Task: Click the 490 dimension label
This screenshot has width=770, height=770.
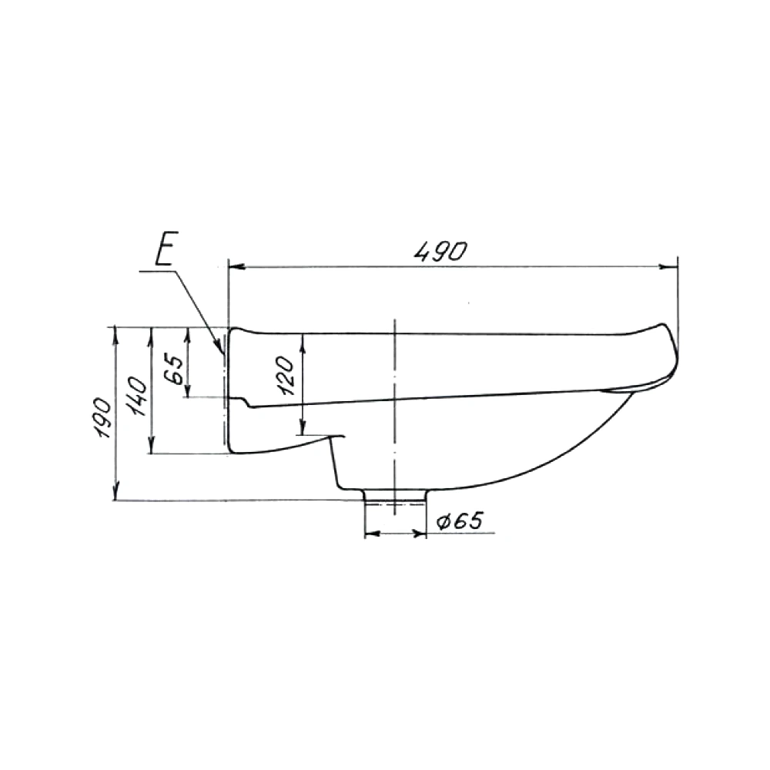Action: point(440,252)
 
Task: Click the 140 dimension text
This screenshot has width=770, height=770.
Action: point(138,397)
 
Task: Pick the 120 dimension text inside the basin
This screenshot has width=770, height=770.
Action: point(286,376)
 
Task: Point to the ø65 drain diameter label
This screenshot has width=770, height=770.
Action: point(459,521)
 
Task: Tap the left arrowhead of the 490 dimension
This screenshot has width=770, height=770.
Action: point(236,267)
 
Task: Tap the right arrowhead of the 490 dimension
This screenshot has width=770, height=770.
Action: point(669,267)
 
